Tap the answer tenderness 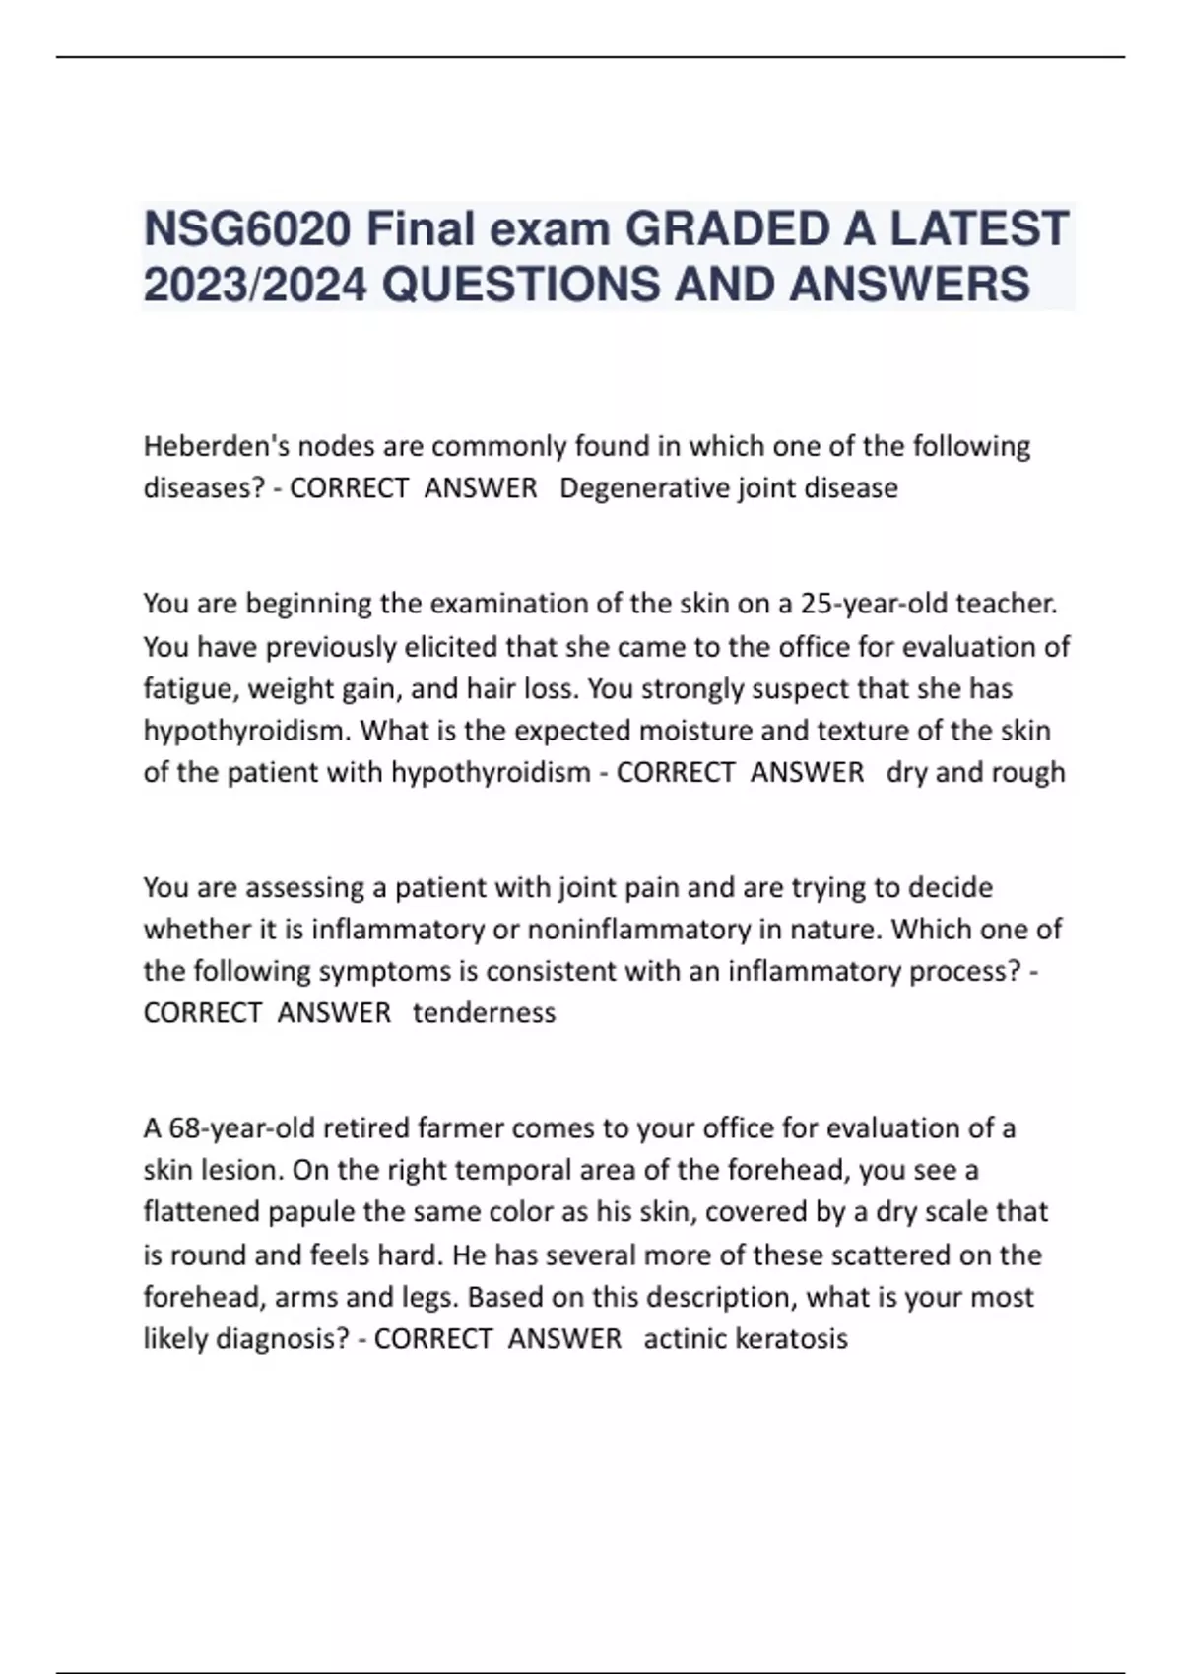[x=484, y=1012]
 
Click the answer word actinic [x=681, y=1339]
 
